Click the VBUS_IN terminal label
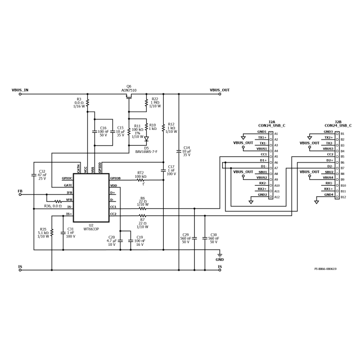pyautogui.click(x=20, y=90)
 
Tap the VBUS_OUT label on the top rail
pyautogui.click(x=219, y=90)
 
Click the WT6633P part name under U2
pyautogui.click(x=91, y=229)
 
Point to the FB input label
pyautogui.click(x=20, y=191)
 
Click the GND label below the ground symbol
pyautogui.click(x=219, y=260)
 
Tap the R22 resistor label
pyautogui.click(x=155, y=99)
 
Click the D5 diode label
pyautogui.click(x=146, y=148)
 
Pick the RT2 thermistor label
pyautogui.click(x=141, y=173)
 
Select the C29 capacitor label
pyautogui.click(x=186, y=235)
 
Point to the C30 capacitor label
pyautogui.click(x=213, y=235)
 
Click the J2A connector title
pyautogui.click(x=272, y=121)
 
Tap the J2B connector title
pyautogui.click(x=338, y=121)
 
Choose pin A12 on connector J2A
pyautogui.click(x=276, y=197)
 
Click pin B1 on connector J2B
pyautogui.click(x=343, y=134)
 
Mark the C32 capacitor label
pyautogui.click(x=42, y=171)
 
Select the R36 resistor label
pyautogui.click(x=52, y=206)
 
